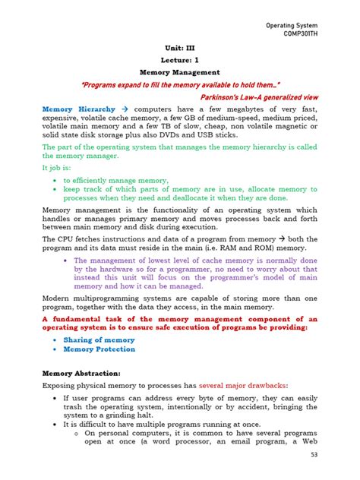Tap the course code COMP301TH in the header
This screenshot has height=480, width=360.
coord(317,35)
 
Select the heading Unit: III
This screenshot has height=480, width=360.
coord(179,46)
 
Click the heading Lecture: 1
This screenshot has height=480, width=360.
coord(180,59)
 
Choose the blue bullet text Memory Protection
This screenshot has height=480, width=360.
coord(99,349)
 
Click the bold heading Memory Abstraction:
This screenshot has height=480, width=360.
coord(81,374)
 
